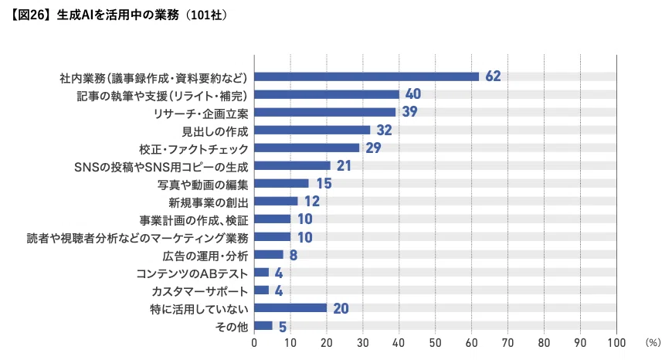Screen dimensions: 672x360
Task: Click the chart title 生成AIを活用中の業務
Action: coord(118,15)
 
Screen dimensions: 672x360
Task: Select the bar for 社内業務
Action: coord(366,76)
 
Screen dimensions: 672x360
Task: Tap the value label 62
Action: coord(493,76)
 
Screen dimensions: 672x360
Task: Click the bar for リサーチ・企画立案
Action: coord(325,112)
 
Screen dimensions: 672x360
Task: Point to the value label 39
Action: coord(409,112)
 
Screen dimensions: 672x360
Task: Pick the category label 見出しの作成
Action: coord(216,131)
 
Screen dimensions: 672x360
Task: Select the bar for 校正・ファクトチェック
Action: coord(307,148)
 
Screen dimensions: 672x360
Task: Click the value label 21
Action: coord(344,165)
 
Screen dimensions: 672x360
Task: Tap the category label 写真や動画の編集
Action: coord(202,185)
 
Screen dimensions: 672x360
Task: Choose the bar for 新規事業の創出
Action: coord(276,201)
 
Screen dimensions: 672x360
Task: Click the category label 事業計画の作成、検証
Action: coord(194,220)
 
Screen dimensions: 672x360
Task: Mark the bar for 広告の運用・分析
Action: coord(269,255)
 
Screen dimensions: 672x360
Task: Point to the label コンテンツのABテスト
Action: coord(192,273)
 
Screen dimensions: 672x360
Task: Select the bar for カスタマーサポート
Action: coord(261,290)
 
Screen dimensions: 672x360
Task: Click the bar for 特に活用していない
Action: coord(290,307)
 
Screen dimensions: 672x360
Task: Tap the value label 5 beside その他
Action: coord(283,327)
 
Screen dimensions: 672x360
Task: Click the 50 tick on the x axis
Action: coord(436,343)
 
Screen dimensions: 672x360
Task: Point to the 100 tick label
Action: coord(616,343)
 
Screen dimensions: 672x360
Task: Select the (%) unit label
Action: coord(653,342)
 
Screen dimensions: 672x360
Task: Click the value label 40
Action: coord(413,93)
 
